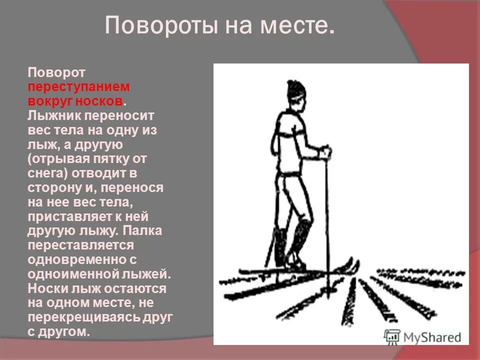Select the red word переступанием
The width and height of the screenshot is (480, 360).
pyautogui.click(x=78, y=86)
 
